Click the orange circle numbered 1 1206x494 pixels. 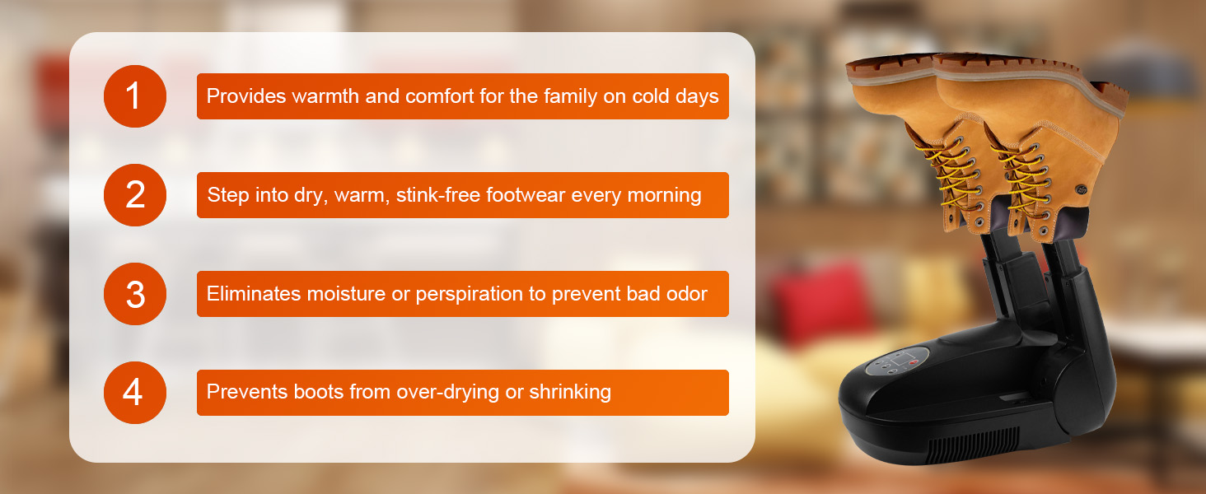(x=135, y=96)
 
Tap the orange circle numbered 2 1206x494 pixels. (x=135, y=195)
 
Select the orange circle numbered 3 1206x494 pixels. (x=135, y=294)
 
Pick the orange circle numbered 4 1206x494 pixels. (x=135, y=392)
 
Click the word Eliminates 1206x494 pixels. (x=254, y=294)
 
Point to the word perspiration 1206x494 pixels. (x=469, y=295)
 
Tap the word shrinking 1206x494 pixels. (x=570, y=392)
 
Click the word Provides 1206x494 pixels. (x=246, y=96)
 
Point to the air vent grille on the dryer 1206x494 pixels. (x=972, y=445)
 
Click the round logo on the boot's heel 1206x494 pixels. (x=1081, y=189)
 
